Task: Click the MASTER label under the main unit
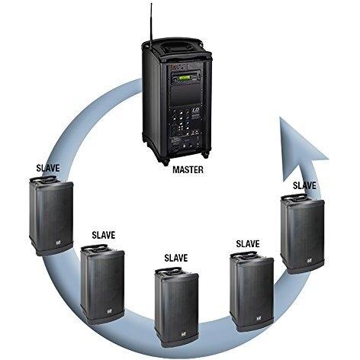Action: [x=188, y=169]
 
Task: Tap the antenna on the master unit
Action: [x=151, y=24]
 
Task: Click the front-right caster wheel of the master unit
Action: [x=205, y=154]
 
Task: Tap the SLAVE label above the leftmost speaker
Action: [x=48, y=168]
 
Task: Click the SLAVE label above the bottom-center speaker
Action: [x=176, y=258]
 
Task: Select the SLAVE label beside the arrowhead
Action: [x=304, y=185]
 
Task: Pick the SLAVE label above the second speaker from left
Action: [x=104, y=235]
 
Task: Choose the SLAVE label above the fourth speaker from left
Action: [x=248, y=243]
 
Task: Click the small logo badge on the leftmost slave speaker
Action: [x=58, y=243]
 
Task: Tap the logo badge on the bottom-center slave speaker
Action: [x=183, y=335]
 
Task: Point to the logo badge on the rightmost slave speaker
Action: [x=310, y=261]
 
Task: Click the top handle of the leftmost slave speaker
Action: [x=43, y=178]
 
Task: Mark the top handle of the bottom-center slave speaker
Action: [x=169, y=270]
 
